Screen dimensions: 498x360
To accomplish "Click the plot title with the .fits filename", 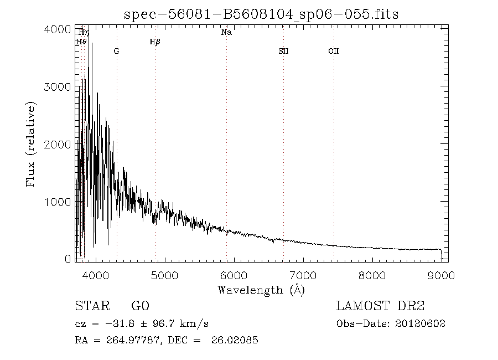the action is click(x=261, y=14).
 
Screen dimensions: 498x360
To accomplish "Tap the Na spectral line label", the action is click(x=226, y=32).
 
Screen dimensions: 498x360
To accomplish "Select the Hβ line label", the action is click(x=155, y=42).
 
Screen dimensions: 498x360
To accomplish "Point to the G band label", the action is click(x=117, y=51).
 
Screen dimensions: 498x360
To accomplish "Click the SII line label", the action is click(x=283, y=51).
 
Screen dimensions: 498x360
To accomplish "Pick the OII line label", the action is click(x=334, y=51).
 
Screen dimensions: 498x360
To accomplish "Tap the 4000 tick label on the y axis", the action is click(x=58, y=29).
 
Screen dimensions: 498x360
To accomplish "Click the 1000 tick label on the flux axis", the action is click(x=58, y=202).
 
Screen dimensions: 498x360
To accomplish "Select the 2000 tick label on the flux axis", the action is click(x=58, y=145).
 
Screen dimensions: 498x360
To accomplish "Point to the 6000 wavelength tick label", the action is click(x=234, y=275).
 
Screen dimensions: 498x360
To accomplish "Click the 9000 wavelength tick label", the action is click(x=441, y=275).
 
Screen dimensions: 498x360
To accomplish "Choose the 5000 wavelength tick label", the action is click(x=164, y=275).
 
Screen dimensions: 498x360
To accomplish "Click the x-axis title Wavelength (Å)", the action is click(x=261, y=290).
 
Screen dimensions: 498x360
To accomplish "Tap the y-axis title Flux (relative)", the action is click(x=30, y=144).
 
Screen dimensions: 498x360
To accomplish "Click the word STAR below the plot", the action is click(x=92, y=306).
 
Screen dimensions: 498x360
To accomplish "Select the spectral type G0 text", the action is click(x=140, y=306).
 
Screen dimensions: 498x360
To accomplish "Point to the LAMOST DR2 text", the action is click(x=380, y=306).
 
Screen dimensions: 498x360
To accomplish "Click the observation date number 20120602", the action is click(x=420, y=323).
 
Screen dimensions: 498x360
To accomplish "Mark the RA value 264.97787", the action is click(x=133, y=340).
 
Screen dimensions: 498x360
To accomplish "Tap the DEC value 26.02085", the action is click(x=235, y=340).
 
